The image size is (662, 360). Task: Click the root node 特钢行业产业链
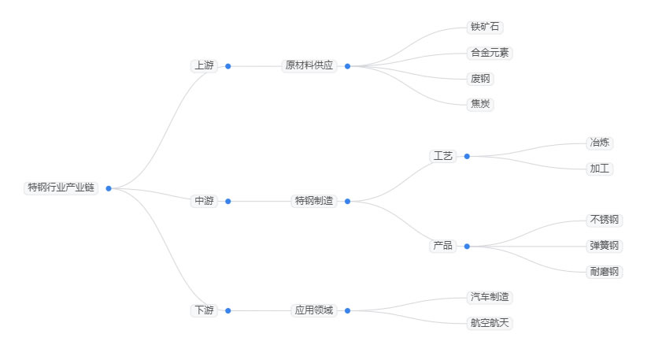pyautogui.click(x=61, y=187)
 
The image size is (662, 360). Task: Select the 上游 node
pyautogui.click(x=204, y=66)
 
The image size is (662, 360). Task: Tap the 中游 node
pyautogui.click(x=204, y=201)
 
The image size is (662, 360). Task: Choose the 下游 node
pyautogui.click(x=204, y=310)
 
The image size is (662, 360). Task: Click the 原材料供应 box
pyautogui.click(x=309, y=66)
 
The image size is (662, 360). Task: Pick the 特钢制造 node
pyautogui.click(x=314, y=201)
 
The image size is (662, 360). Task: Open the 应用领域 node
pyautogui.click(x=314, y=310)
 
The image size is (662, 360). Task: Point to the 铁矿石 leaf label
pyautogui.click(x=485, y=27)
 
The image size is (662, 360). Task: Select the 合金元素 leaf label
pyautogui.click(x=490, y=53)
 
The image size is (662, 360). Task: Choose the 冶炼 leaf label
pyautogui.click(x=600, y=143)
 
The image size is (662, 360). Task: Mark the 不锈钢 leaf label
pyautogui.click(x=605, y=220)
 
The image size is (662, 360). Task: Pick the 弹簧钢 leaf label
pyautogui.click(x=605, y=246)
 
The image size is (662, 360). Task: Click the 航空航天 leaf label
pyautogui.click(x=490, y=323)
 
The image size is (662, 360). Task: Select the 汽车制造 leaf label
pyautogui.click(x=490, y=297)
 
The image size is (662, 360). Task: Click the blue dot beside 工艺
pyautogui.click(x=467, y=156)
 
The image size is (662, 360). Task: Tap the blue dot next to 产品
pyautogui.click(x=467, y=246)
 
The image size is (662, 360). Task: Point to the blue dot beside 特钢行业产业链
pyautogui.click(x=109, y=188)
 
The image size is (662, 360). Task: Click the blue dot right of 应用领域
pyautogui.click(x=347, y=310)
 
